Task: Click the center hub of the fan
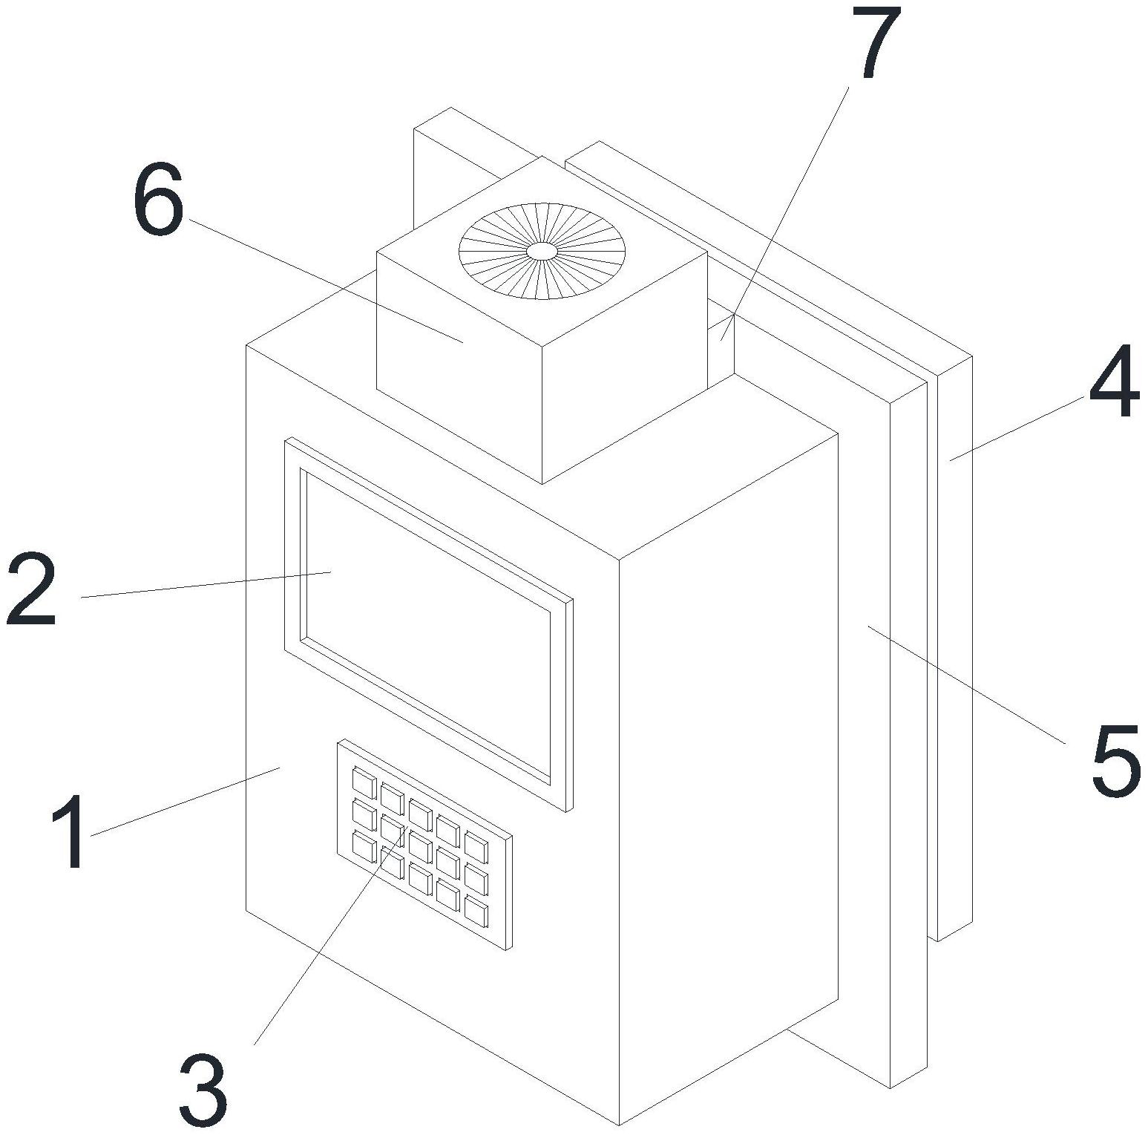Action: (542, 251)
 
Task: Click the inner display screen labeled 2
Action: (427, 624)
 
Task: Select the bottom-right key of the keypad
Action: (476, 911)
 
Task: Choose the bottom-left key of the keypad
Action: (364, 846)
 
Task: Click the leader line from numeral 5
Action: (965, 684)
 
